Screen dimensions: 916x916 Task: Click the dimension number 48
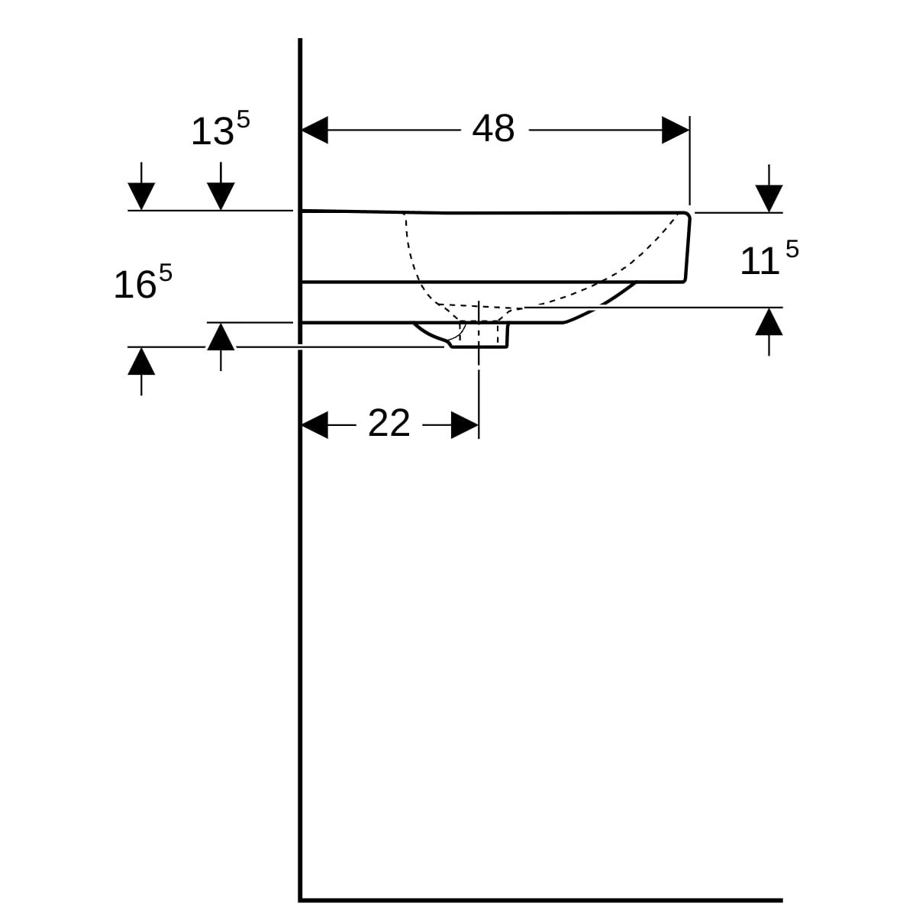[493, 128]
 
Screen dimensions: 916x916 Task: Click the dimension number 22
[389, 423]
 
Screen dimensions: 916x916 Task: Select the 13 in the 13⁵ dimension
[212, 131]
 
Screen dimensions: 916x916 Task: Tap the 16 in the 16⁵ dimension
[135, 285]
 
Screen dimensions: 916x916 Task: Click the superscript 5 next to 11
[792, 249]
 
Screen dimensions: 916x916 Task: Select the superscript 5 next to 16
[166, 273]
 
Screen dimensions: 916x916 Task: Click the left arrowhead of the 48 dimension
[314, 130]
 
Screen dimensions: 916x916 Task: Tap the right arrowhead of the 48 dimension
[676, 130]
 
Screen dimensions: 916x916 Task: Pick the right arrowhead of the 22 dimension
[464, 425]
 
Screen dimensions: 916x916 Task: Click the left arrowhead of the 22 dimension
[314, 425]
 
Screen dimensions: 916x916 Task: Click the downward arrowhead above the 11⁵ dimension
[769, 198]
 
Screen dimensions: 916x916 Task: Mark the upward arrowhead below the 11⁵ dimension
[769, 322]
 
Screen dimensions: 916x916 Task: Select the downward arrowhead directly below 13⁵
[221, 196]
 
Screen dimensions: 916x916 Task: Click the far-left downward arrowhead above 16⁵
[141, 196]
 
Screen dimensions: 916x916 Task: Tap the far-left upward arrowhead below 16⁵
[141, 361]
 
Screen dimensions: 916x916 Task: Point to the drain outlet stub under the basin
[479, 335]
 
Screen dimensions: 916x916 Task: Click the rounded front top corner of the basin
[687, 214]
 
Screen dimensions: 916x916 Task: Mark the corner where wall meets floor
[300, 900]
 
